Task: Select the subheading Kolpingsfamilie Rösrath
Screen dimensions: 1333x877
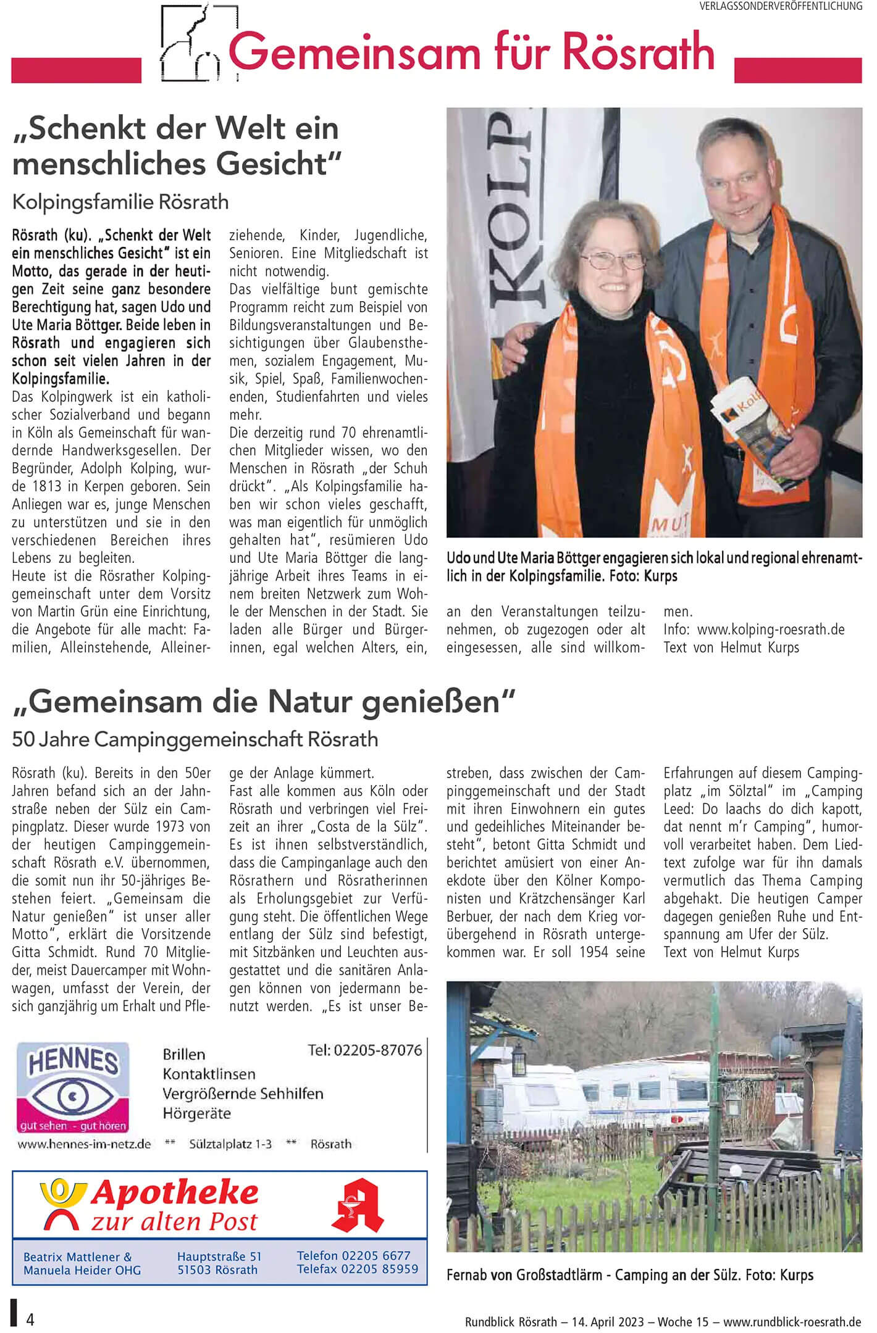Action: pyautogui.click(x=120, y=202)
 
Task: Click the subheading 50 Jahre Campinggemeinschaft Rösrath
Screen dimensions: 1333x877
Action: pyautogui.click(x=195, y=739)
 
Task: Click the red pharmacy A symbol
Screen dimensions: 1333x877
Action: pyautogui.click(x=358, y=1205)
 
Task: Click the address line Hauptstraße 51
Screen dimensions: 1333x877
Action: pyautogui.click(x=219, y=1256)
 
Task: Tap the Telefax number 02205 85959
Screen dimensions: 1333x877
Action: pyautogui.click(x=382, y=1269)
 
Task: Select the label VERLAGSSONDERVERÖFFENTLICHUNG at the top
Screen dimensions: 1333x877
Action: pyautogui.click(x=781, y=6)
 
